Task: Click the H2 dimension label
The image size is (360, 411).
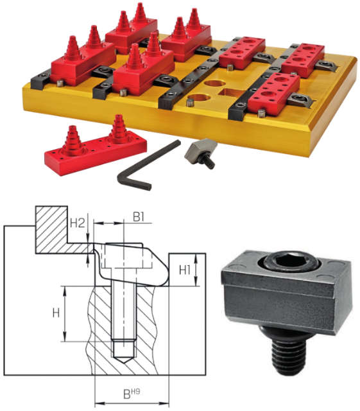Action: click(78, 223)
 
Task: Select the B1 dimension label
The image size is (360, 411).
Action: click(139, 217)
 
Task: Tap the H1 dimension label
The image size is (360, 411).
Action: click(185, 270)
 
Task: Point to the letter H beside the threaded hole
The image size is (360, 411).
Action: click(56, 313)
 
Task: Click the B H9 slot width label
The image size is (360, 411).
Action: click(132, 394)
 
